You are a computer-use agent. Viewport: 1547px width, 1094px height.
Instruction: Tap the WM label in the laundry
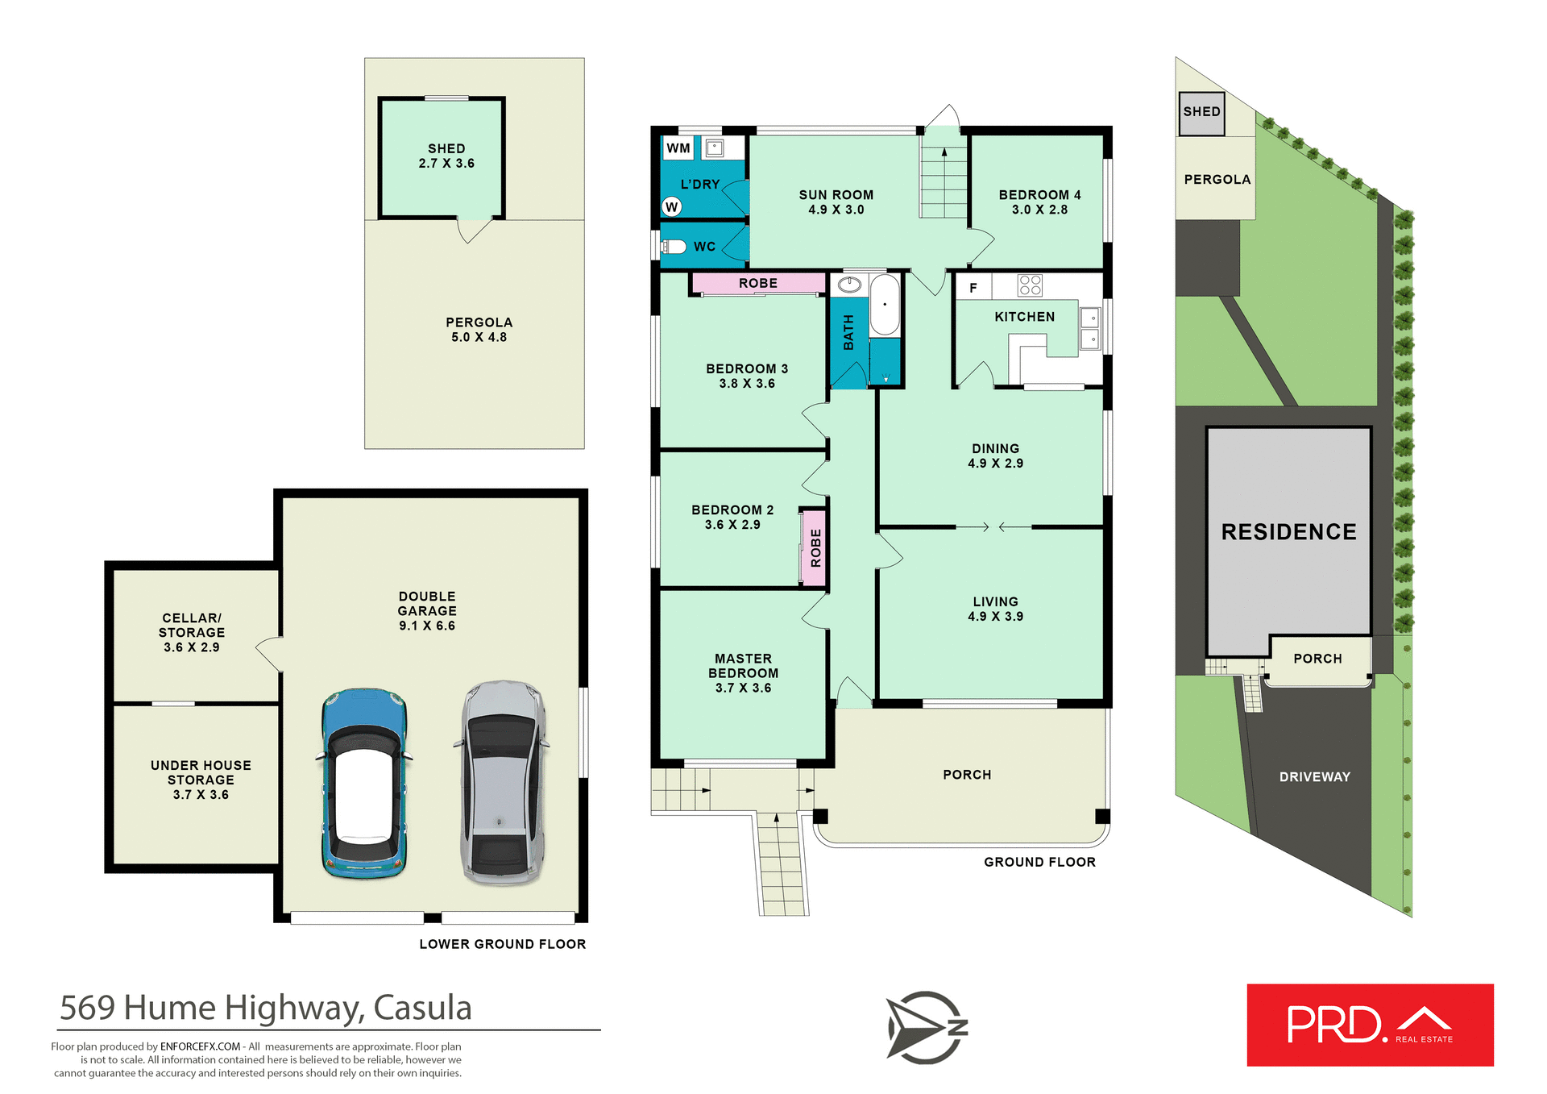click(x=678, y=148)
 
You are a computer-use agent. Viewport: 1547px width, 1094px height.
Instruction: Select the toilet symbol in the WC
click(x=674, y=247)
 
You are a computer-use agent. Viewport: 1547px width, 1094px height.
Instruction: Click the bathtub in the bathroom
click(x=885, y=305)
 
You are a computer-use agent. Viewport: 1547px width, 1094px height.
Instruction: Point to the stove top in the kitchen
click(x=1030, y=285)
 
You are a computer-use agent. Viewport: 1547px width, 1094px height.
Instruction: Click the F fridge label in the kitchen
click(x=973, y=288)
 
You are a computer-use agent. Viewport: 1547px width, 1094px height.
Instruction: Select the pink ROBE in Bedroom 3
click(x=758, y=283)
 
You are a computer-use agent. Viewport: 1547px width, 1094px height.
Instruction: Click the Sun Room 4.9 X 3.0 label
click(x=836, y=202)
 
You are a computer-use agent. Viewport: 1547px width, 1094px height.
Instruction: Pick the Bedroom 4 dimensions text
click(x=1039, y=210)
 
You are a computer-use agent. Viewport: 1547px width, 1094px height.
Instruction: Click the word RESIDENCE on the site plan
click(x=1288, y=532)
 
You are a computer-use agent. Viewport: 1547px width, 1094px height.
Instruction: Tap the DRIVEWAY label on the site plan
click(x=1314, y=777)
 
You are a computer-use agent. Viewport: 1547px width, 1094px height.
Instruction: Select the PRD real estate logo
click(x=1370, y=1025)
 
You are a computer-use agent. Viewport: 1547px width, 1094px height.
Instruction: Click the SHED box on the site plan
click(x=1201, y=113)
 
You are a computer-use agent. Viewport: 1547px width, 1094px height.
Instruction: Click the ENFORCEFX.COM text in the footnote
click(x=200, y=1046)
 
